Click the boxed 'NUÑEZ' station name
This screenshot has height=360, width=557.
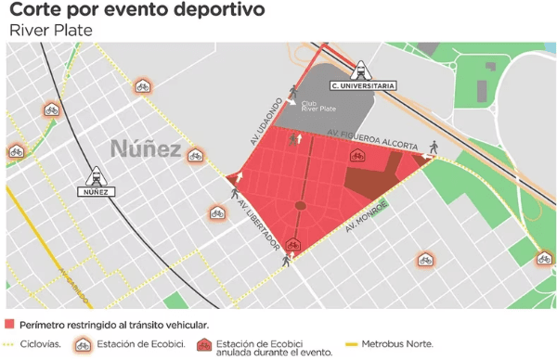(97, 192)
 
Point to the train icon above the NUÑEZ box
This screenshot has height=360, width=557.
(97, 175)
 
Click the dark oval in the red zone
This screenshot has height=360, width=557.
(300, 206)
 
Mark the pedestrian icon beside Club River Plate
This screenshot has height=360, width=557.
(294, 90)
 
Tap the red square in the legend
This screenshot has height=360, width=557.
(10, 325)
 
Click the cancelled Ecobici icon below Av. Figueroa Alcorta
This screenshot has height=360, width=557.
(356, 156)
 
